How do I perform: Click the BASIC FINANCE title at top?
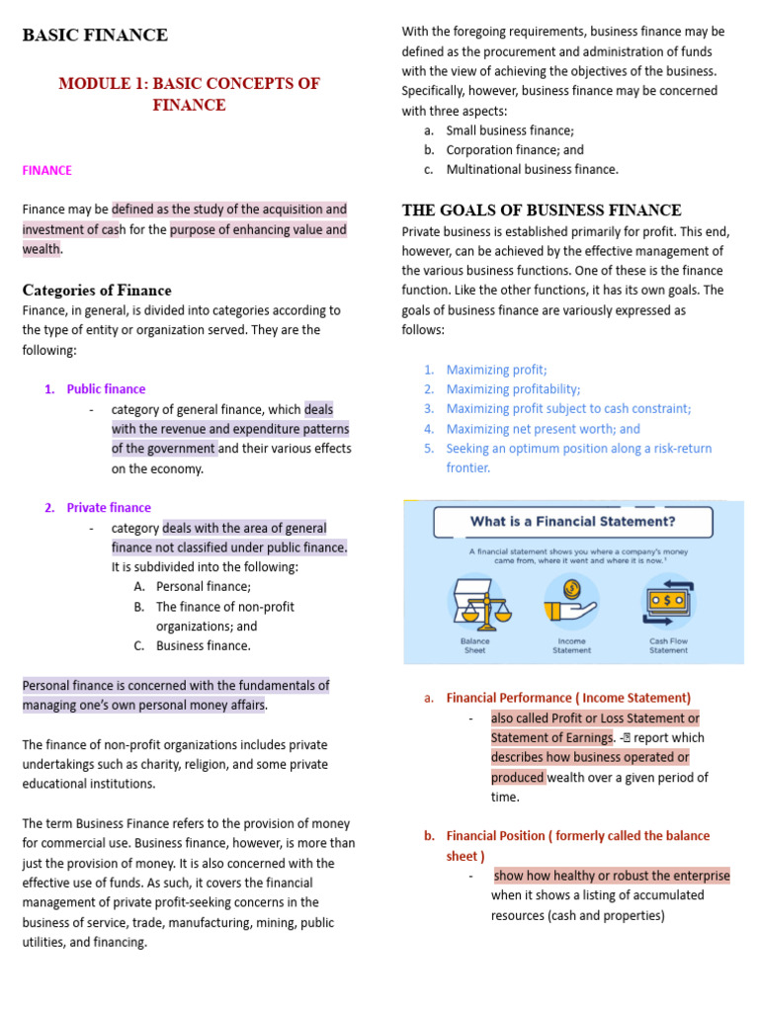point(95,36)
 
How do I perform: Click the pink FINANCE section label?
point(47,170)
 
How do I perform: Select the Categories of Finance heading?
point(97,290)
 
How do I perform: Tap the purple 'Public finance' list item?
point(106,389)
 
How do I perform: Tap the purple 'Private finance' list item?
point(109,508)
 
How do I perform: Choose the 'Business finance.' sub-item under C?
point(203,646)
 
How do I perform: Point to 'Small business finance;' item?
point(509,130)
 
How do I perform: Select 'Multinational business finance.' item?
point(532,170)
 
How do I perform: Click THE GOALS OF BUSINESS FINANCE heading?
point(542,210)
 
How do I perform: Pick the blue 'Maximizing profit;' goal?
point(496,370)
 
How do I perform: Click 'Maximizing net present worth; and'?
point(543,429)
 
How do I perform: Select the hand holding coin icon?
point(571,602)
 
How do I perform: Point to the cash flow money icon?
point(669,602)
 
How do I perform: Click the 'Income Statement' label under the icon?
point(571,645)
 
